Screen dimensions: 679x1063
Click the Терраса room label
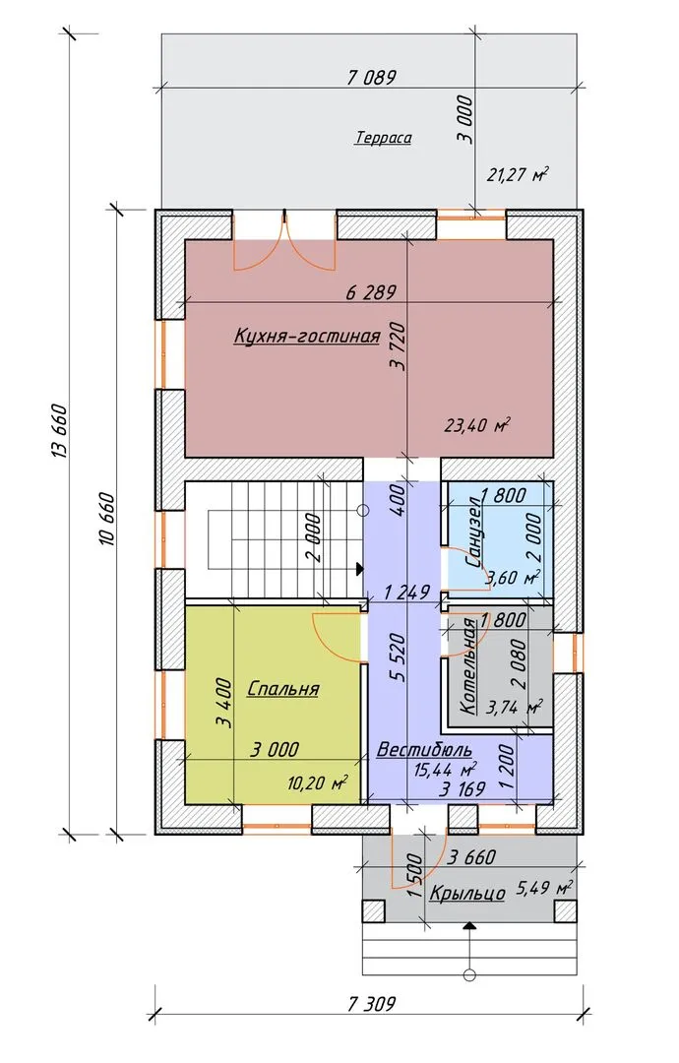click(x=384, y=138)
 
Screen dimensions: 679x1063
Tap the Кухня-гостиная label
click(x=306, y=336)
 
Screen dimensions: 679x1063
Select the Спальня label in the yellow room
click(x=282, y=689)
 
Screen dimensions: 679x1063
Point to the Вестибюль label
click(x=424, y=750)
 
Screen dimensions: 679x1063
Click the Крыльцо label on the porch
click(x=467, y=894)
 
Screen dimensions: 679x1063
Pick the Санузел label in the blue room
click(x=473, y=532)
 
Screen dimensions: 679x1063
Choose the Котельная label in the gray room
click(x=468, y=667)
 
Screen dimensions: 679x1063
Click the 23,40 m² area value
click(x=477, y=426)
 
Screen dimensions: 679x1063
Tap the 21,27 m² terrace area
click(x=518, y=175)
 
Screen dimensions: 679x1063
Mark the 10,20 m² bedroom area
click(x=318, y=783)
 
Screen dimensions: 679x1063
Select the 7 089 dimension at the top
click(x=371, y=78)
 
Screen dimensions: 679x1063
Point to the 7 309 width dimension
click(x=371, y=1003)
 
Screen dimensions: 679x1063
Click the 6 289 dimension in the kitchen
click(x=371, y=292)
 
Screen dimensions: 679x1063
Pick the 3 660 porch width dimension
click(x=471, y=857)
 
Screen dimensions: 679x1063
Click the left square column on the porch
click(x=373, y=910)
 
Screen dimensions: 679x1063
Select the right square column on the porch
click(x=565, y=910)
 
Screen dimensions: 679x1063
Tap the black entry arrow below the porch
click(x=469, y=925)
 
